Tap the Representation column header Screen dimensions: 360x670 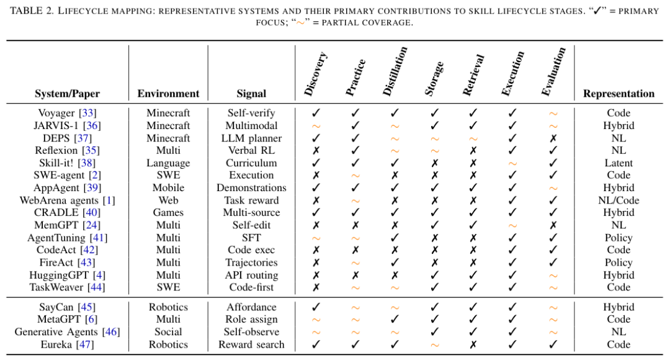click(x=619, y=94)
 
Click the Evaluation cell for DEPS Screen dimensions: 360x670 click(x=553, y=138)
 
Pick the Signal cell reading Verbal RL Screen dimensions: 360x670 click(x=251, y=150)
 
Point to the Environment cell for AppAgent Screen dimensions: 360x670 click(x=168, y=187)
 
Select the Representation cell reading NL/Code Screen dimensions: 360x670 click(x=619, y=200)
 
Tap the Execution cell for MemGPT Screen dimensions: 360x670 click(x=512, y=225)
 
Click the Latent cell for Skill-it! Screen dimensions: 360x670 click(x=619, y=163)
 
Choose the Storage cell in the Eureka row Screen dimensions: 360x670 click(x=434, y=344)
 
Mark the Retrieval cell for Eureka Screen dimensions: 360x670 click(x=473, y=344)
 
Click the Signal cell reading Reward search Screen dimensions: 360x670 click(x=251, y=344)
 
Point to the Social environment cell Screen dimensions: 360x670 click(x=168, y=332)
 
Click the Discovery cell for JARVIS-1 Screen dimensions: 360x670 click(x=316, y=125)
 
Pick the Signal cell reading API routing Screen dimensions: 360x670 click(x=251, y=274)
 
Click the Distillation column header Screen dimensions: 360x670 click(x=395, y=71)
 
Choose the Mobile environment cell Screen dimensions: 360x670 click(x=168, y=187)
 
